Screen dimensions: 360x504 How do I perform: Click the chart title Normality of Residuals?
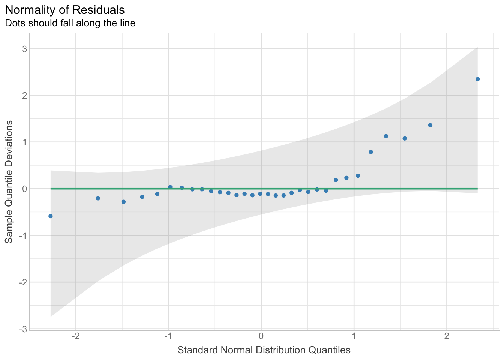click(x=64, y=10)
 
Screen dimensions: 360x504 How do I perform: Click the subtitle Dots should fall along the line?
click(x=70, y=23)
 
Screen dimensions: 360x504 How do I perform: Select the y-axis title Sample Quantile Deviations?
click(x=9, y=181)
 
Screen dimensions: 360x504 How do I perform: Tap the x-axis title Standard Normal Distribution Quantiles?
click(x=264, y=350)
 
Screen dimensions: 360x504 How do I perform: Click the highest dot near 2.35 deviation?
click(x=477, y=79)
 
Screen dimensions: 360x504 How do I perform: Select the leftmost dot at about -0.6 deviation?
click(x=51, y=216)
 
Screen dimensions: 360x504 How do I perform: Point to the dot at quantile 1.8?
click(x=430, y=125)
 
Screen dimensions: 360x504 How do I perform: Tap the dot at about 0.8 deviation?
click(x=371, y=152)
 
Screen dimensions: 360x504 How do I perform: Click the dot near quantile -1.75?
click(x=98, y=198)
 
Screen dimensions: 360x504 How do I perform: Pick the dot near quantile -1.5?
click(x=123, y=202)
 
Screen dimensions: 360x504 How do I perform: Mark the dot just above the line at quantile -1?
click(x=170, y=187)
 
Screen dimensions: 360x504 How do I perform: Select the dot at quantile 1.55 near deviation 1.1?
click(x=405, y=138)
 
